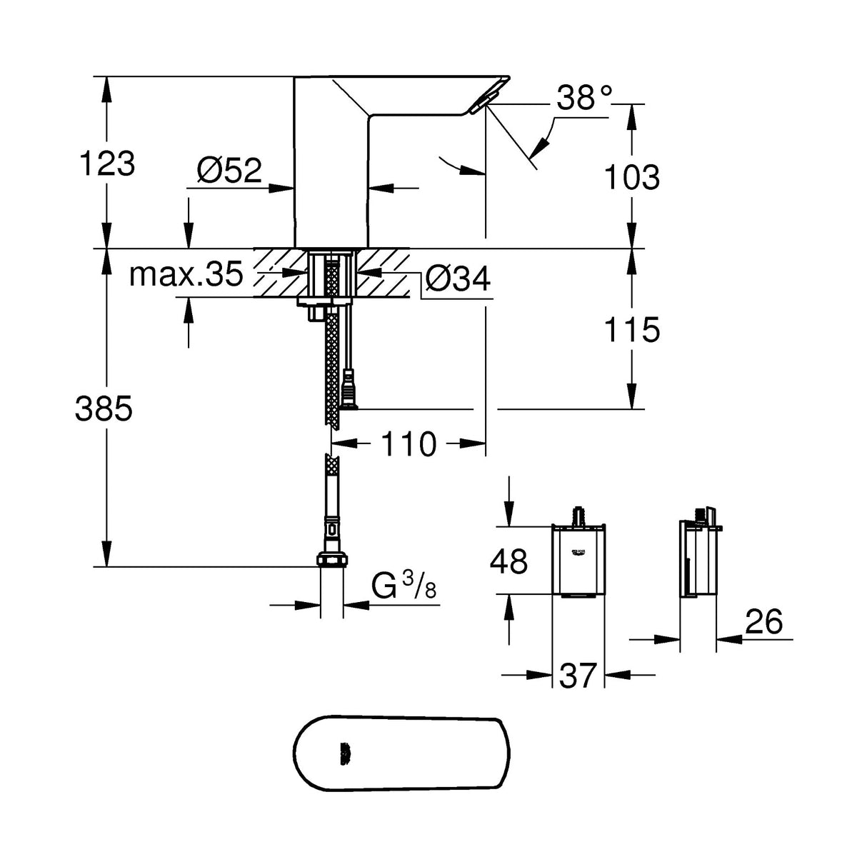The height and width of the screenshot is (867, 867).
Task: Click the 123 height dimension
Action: [106, 164]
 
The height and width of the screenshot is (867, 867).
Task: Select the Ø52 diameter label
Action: [229, 171]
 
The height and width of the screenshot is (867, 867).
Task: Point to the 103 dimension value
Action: [631, 177]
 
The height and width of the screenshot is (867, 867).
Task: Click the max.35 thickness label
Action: [186, 274]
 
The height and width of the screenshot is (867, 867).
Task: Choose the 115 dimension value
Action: [631, 330]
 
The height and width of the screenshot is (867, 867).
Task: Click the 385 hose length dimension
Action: [104, 409]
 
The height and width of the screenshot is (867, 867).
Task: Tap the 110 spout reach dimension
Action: [409, 444]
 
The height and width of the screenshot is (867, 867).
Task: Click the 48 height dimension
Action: [508, 561]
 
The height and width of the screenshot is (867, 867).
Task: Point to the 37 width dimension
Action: [578, 675]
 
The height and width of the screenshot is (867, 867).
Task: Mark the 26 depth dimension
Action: [763, 623]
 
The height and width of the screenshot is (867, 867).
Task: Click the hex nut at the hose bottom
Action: [331, 559]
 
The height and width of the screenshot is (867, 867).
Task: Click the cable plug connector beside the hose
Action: [349, 389]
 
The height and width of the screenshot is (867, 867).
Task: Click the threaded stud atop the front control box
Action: [578, 516]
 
